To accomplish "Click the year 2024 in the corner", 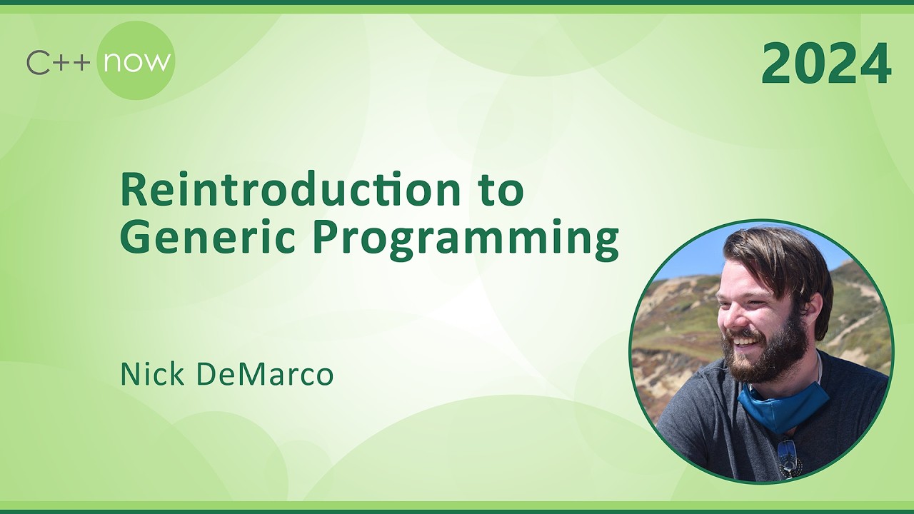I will [826, 64].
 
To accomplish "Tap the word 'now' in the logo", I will [136, 61].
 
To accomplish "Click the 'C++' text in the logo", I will [58, 63].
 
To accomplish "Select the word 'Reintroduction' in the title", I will [286, 190].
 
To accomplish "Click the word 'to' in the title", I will [501, 191].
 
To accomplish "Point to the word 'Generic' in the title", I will [207, 238].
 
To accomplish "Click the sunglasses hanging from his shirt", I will [788, 457].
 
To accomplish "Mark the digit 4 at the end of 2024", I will [875, 64].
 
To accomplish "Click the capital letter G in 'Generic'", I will [135, 238].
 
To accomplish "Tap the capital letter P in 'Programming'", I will [324, 238].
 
